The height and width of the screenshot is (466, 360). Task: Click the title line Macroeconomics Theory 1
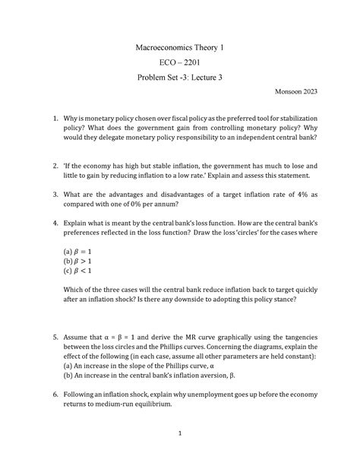point(179,47)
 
